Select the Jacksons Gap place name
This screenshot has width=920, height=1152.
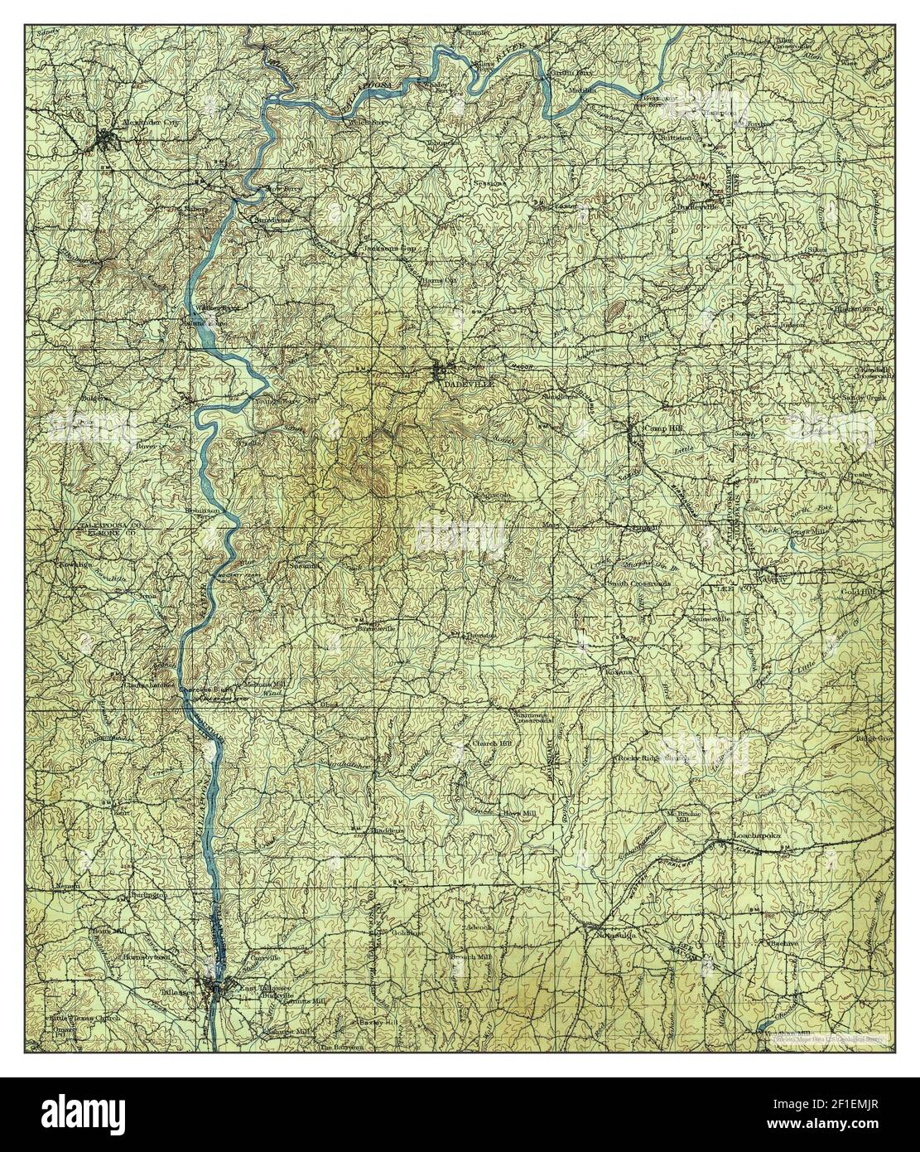pyautogui.click(x=388, y=249)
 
